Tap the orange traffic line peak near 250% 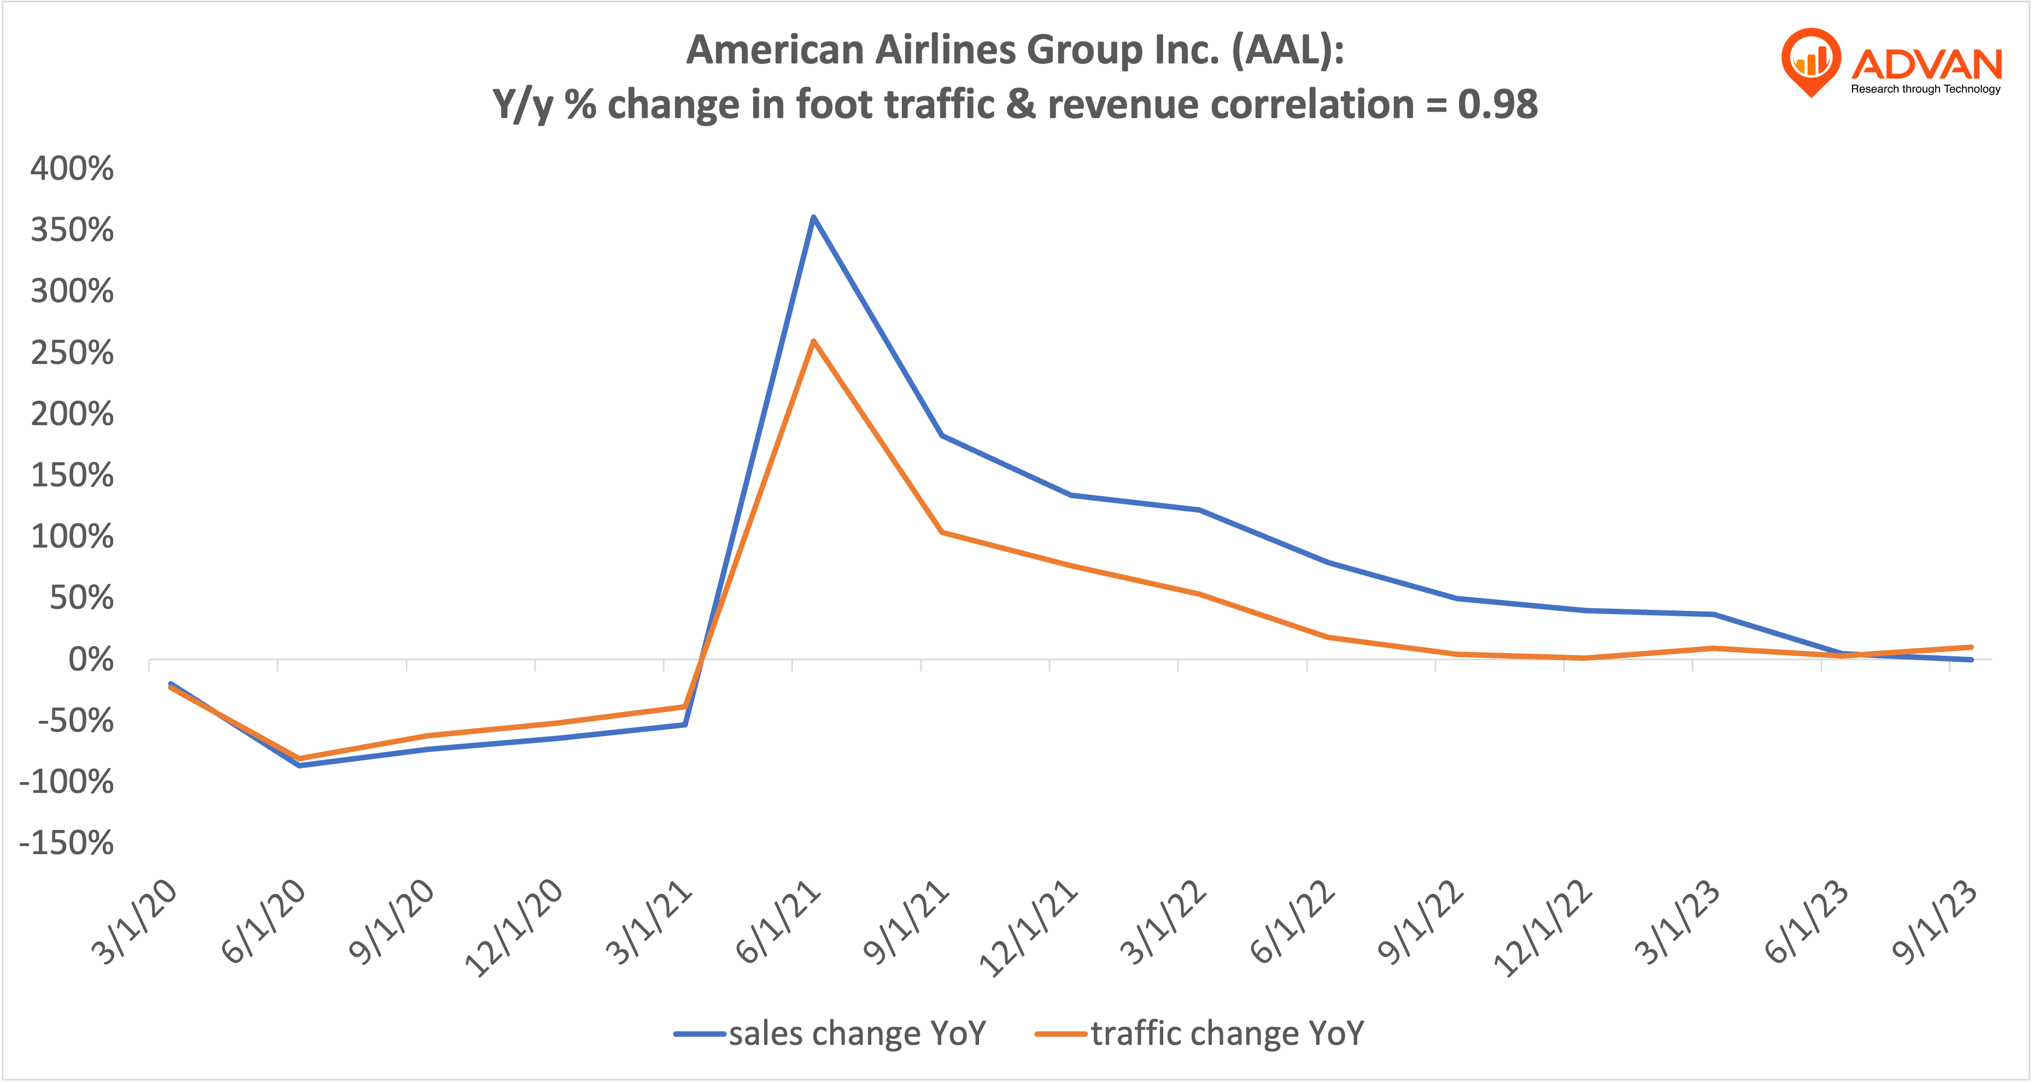coord(813,342)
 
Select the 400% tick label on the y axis coord(72,169)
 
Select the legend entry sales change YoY coord(857,1033)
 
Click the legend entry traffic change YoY coord(1227,1033)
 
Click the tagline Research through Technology coord(1925,89)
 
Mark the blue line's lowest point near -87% coord(298,765)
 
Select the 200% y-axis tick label coord(72,414)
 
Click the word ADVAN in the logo coord(1927,63)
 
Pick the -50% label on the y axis coord(76,721)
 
